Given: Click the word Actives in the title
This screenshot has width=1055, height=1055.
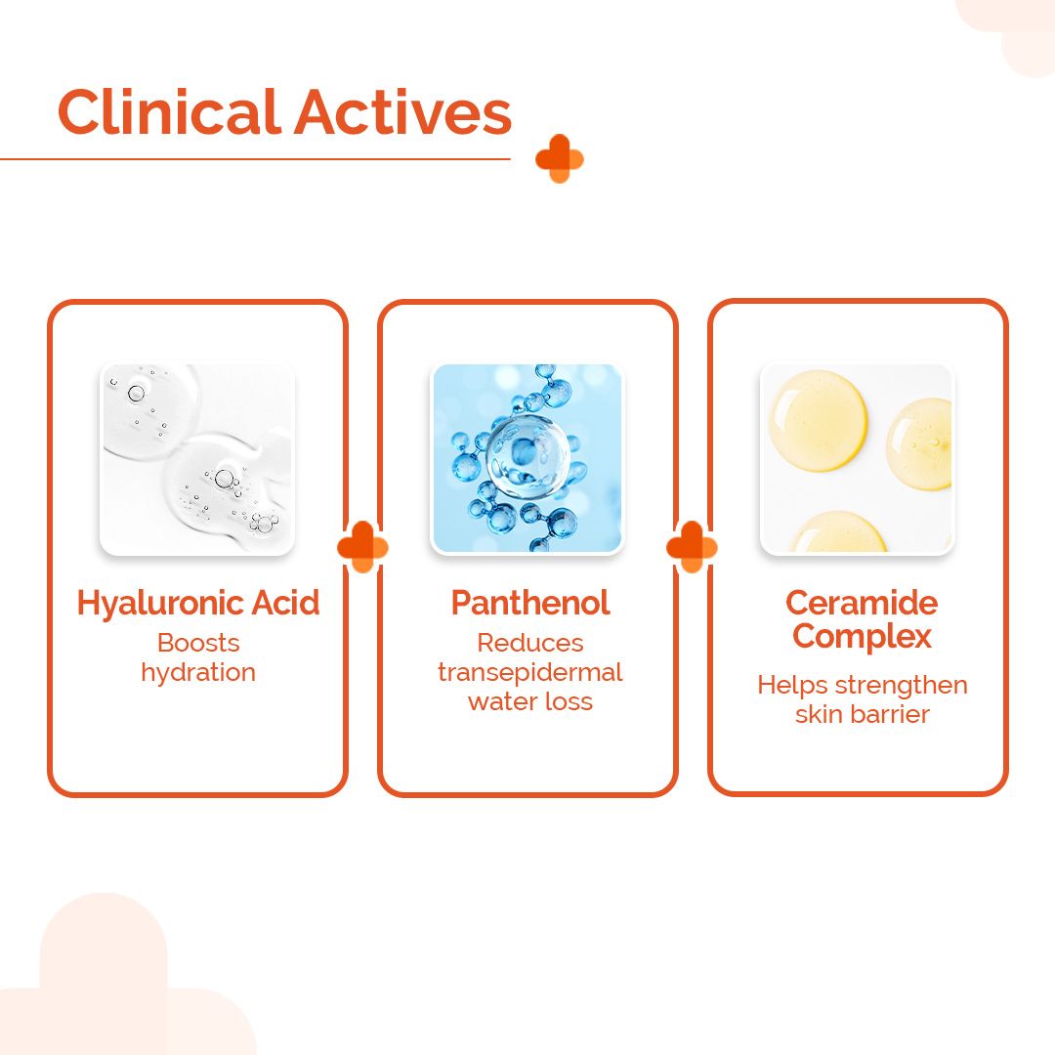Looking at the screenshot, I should [x=402, y=112].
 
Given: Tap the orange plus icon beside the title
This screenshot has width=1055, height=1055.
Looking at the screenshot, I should [x=559, y=159].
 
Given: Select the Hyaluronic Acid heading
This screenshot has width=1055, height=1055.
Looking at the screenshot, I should [x=198, y=603].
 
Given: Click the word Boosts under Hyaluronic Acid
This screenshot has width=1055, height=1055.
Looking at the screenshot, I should [x=198, y=643].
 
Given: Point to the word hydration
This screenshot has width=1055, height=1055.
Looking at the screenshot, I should [x=198, y=672].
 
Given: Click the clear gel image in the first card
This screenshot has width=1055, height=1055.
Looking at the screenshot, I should [x=197, y=459].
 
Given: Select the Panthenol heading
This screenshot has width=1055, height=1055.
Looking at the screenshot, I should [x=529, y=603].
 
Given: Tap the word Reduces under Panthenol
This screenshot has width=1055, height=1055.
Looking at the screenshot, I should [x=529, y=643].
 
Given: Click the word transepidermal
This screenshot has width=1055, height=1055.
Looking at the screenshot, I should [x=529, y=672].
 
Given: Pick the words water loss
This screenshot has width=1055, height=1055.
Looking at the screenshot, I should [x=529, y=701].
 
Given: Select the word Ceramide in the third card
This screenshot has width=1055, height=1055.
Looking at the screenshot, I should [x=861, y=603].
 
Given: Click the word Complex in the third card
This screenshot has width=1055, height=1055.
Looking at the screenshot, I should [x=861, y=637].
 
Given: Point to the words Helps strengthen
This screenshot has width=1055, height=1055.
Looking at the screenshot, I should [x=862, y=685].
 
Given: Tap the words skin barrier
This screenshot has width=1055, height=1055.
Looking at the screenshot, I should [x=862, y=714].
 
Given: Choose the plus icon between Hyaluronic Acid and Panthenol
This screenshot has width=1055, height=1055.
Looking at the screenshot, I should [x=362, y=547].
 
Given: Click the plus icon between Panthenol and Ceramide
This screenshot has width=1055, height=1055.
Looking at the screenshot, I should [x=692, y=547].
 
